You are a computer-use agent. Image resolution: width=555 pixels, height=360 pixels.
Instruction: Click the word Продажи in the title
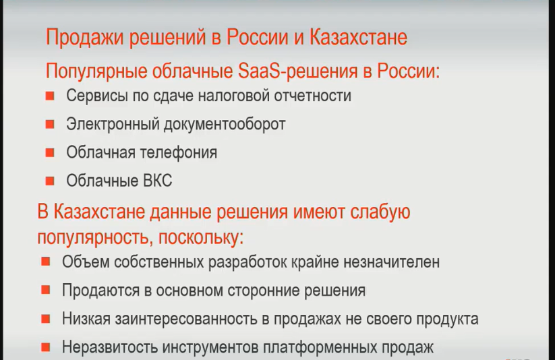tap(85, 38)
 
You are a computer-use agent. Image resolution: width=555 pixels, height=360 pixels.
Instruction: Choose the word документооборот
tap(225, 125)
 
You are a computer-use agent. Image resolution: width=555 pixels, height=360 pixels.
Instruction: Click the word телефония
tap(179, 152)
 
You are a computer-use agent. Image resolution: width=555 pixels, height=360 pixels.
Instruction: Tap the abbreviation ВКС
tap(158, 181)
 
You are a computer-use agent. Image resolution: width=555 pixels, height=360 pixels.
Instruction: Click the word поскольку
tap(201, 237)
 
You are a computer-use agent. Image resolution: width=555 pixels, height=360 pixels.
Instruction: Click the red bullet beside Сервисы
tap(50, 96)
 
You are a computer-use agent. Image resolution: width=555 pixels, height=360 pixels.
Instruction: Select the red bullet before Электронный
tap(50, 124)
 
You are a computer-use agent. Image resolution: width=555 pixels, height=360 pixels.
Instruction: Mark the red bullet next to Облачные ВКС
tap(50, 181)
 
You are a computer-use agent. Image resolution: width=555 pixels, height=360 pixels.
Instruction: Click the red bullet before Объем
tap(46, 262)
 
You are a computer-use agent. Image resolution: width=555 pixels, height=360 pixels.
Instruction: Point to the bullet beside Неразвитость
tap(46, 347)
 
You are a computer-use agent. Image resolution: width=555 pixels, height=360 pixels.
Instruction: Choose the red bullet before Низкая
tap(46, 319)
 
